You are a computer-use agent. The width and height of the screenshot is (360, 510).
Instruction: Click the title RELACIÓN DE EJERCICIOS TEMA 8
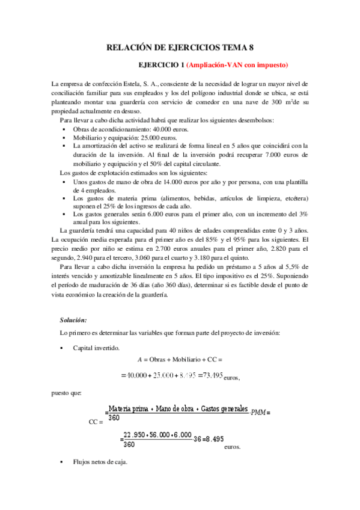[x=180, y=48]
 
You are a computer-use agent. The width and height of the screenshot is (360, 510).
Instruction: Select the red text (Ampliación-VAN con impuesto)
[x=237, y=64]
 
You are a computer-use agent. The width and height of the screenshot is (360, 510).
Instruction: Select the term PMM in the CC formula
[x=260, y=412]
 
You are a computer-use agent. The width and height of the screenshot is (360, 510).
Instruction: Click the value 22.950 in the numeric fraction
[x=135, y=435]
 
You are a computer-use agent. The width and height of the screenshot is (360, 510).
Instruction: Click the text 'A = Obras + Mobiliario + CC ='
[x=180, y=359]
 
